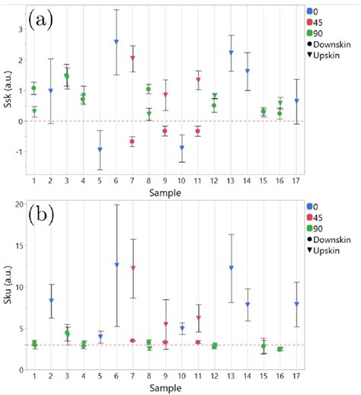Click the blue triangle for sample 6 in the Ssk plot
tap(117, 42)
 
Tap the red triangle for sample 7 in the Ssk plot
tap(133, 58)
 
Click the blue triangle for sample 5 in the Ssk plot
tap(100, 150)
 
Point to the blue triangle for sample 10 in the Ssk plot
tap(181, 148)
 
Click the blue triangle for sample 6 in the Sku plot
tap(117, 265)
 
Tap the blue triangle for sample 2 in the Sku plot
tap(51, 301)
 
